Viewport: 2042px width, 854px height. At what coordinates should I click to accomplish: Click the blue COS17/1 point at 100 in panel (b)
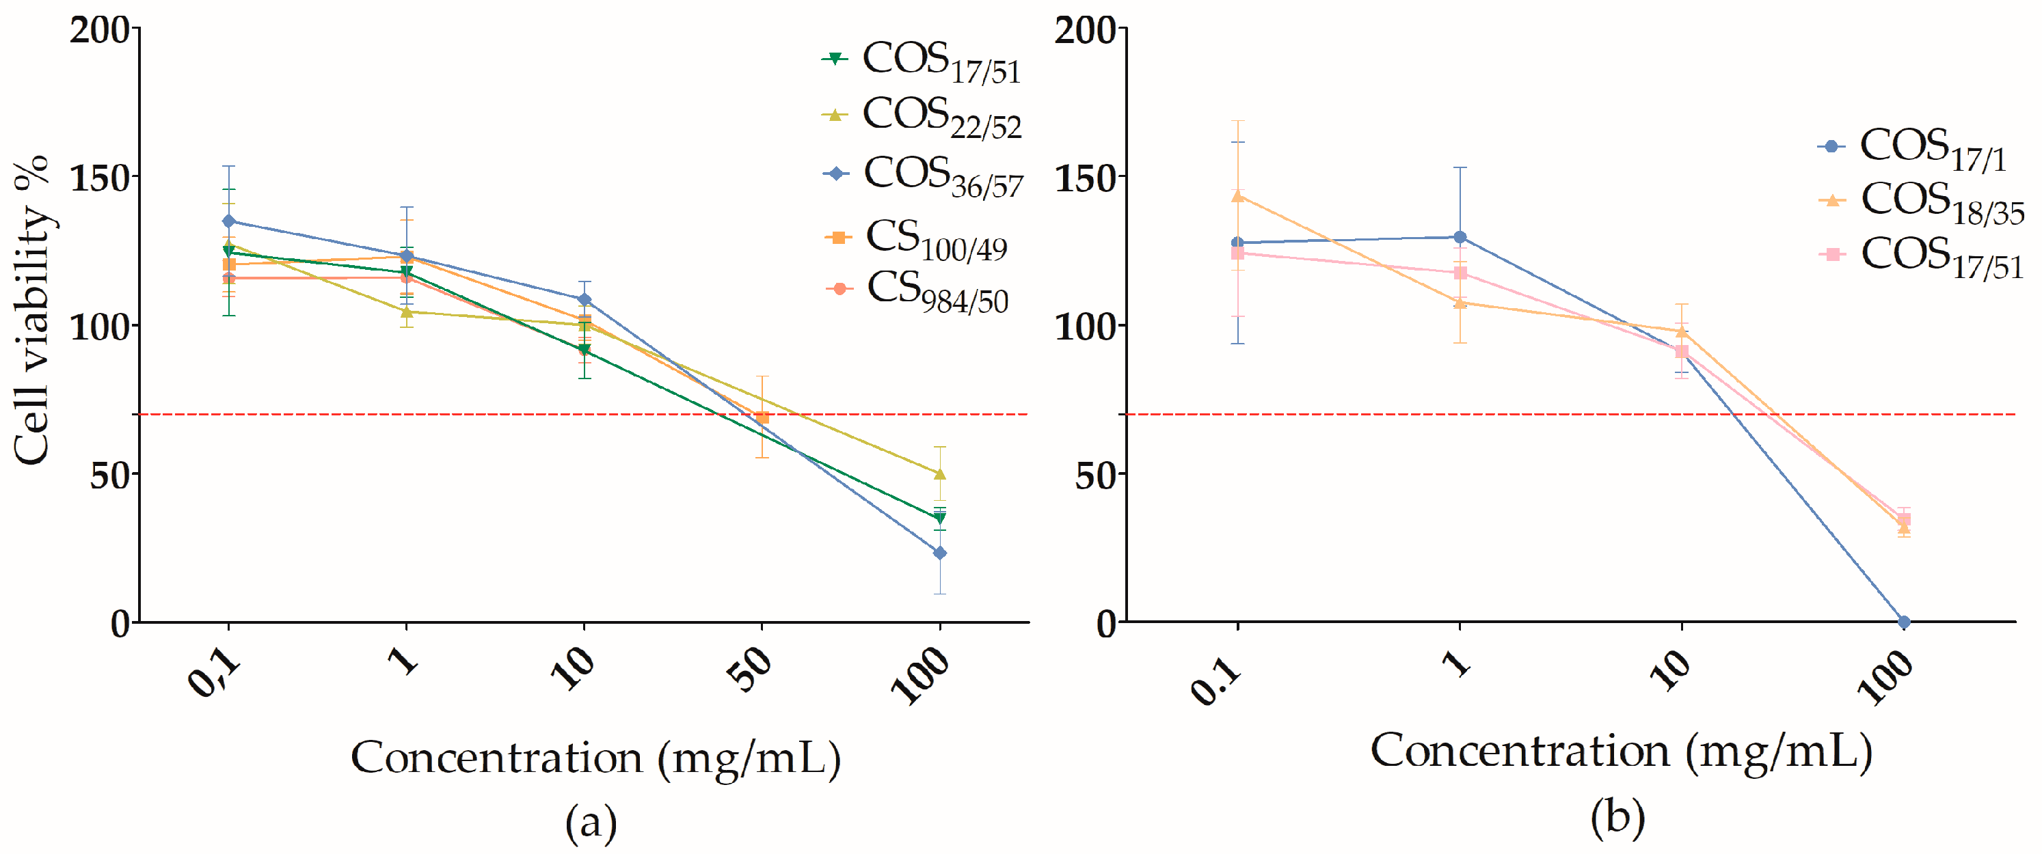coord(1904,622)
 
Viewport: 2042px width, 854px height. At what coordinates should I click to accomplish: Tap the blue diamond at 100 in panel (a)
coord(939,553)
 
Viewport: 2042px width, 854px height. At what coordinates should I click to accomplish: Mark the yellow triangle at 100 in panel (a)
coord(939,473)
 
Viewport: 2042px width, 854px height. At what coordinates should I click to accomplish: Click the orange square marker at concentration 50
coord(762,417)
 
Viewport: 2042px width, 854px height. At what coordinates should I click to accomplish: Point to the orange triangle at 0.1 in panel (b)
coord(1237,195)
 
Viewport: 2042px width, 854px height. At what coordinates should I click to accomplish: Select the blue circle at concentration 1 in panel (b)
coord(1460,237)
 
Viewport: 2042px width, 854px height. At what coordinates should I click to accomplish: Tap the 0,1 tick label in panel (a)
coord(213,672)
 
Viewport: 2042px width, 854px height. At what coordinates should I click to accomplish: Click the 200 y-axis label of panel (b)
coord(1084,30)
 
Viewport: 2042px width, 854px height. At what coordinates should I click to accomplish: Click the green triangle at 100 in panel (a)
coord(939,518)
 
